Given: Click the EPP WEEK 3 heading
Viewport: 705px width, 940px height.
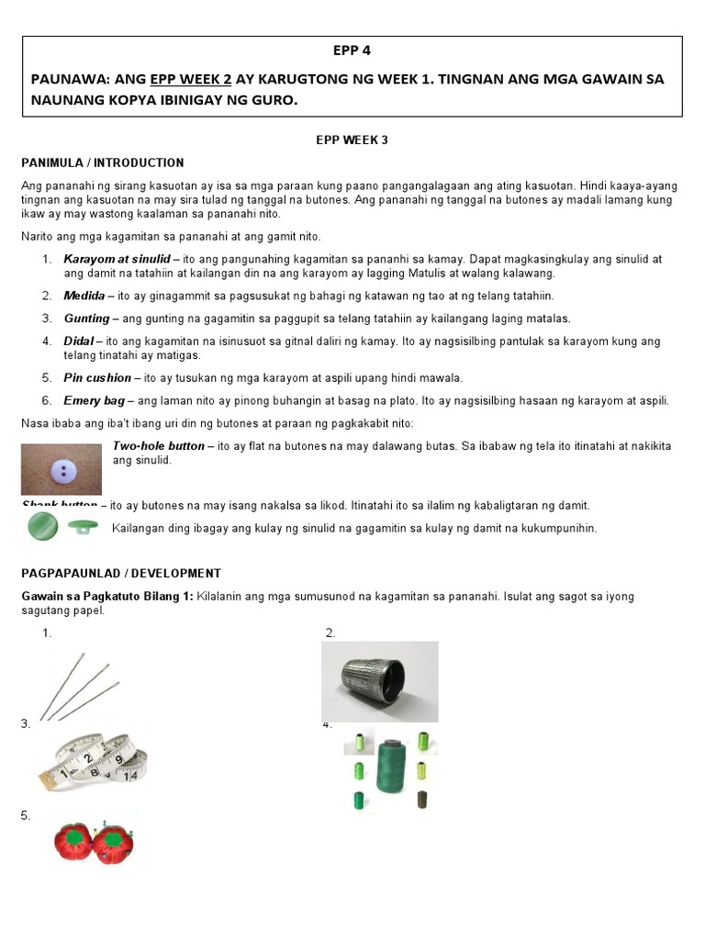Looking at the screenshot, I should point(353,140).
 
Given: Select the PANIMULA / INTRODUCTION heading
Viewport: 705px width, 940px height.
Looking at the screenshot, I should point(102,162).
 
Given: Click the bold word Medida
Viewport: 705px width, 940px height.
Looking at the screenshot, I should point(84,296).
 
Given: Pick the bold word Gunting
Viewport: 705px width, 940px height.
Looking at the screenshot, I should point(86,319).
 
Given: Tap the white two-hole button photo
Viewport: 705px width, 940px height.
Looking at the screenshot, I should point(62,469).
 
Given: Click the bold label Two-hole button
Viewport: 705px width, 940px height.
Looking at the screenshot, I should point(157,446).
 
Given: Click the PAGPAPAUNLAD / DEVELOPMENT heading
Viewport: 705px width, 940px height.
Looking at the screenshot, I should point(121,573).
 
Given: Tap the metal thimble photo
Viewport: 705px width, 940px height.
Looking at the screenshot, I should point(379,680).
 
